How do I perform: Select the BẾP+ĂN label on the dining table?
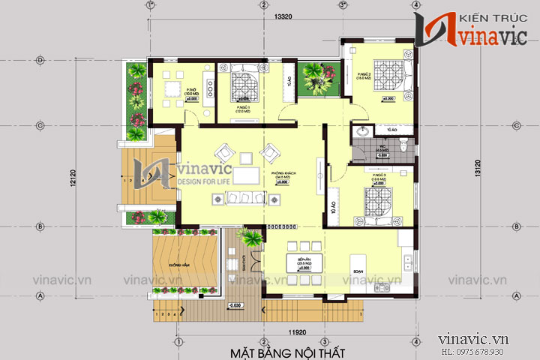(304, 261)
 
